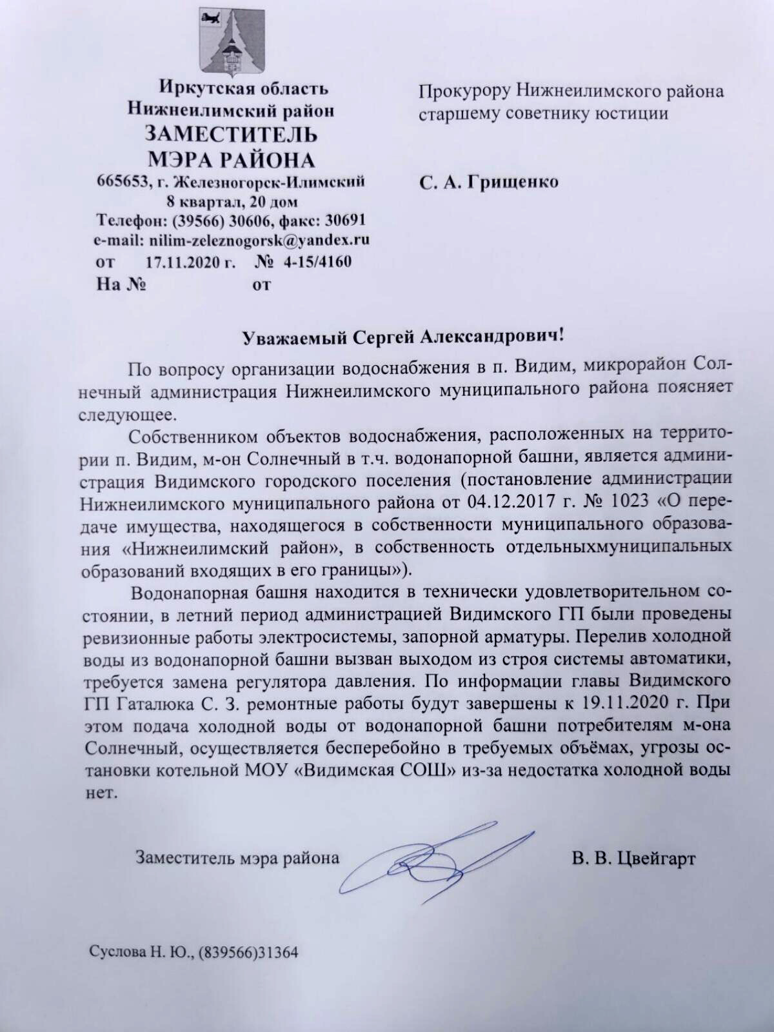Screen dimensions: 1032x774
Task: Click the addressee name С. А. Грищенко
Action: [489, 183]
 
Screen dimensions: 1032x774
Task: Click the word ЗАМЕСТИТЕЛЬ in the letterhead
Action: [231, 135]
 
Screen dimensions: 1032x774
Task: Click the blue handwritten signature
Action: [426, 855]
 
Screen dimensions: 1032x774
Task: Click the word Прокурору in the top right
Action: [464, 91]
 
